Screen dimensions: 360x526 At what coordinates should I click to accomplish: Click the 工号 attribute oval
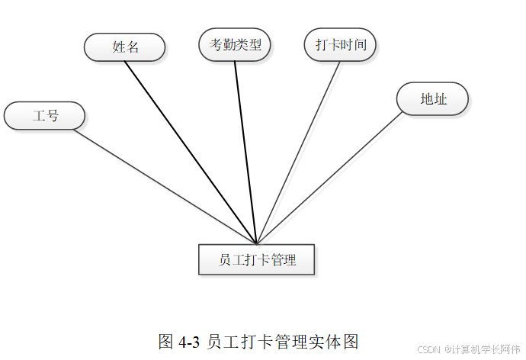click(x=44, y=116)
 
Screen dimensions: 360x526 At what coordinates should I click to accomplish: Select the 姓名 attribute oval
click(x=125, y=47)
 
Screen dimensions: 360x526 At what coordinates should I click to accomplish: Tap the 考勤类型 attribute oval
click(x=235, y=44)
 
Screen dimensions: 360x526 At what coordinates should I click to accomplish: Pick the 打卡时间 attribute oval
click(x=340, y=44)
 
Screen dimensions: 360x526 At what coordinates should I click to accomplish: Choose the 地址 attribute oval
click(x=432, y=99)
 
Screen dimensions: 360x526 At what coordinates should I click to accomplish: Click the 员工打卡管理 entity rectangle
click(x=256, y=259)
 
